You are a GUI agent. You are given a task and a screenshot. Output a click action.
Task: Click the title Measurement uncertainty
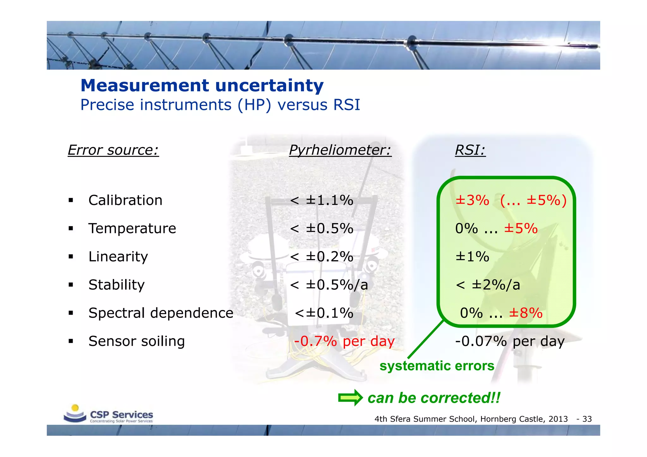pos(202,86)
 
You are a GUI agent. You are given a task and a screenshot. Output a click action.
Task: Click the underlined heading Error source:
pos(113,150)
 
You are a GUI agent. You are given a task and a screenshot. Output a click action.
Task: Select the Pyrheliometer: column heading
pos(340,150)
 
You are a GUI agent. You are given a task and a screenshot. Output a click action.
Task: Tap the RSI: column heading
pos(470,150)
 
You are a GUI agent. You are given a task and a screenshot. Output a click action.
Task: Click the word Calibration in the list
pos(125,200)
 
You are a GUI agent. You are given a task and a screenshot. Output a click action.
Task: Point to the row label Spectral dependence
pos(161,313)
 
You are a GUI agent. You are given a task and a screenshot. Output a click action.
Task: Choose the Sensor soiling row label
pos(136,341)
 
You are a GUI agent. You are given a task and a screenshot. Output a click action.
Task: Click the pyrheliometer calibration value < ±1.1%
pos(321,200)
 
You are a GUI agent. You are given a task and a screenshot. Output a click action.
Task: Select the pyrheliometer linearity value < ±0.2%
pos(321,257)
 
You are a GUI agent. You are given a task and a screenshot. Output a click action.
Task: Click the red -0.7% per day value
pos(344,341)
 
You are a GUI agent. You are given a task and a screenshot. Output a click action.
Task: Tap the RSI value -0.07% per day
pos(509,341)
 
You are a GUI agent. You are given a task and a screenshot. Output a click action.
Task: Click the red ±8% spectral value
pos(525,313)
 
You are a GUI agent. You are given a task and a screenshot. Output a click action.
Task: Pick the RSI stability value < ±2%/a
pos(488,285)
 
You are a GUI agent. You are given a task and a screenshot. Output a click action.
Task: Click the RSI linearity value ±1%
pos(472,257)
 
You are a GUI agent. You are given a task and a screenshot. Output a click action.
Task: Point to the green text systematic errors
pos(437,366)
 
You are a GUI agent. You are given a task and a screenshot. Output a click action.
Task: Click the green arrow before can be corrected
pos(350,398)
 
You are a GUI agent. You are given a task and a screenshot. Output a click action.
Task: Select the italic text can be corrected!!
pos(434,398)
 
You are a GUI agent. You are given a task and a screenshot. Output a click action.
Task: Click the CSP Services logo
pos(108,414)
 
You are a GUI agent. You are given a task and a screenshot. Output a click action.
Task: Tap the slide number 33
pos(587,419)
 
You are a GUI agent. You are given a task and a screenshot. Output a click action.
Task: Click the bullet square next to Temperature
pos(71,228)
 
